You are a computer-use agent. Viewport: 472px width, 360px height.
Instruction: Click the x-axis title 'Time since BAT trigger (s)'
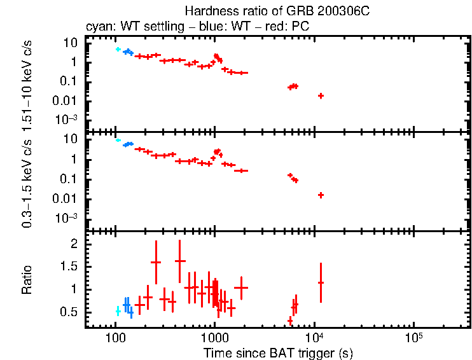coord(278,352)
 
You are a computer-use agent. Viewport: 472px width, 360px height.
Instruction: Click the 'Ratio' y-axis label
coord(27,280)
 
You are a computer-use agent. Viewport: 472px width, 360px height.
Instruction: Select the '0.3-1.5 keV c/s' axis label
coord(27,181)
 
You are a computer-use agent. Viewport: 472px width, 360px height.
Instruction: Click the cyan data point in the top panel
coord(118,49)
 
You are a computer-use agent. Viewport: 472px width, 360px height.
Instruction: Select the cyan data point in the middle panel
coord(118,140)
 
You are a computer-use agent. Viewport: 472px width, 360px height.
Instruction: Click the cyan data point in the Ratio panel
coord(118,310)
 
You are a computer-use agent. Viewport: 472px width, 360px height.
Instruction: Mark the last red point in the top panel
coord(321,95)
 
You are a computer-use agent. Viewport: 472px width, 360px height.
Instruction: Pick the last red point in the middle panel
coord(321,195)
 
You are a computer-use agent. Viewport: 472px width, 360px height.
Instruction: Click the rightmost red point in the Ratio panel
coord(321,282)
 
